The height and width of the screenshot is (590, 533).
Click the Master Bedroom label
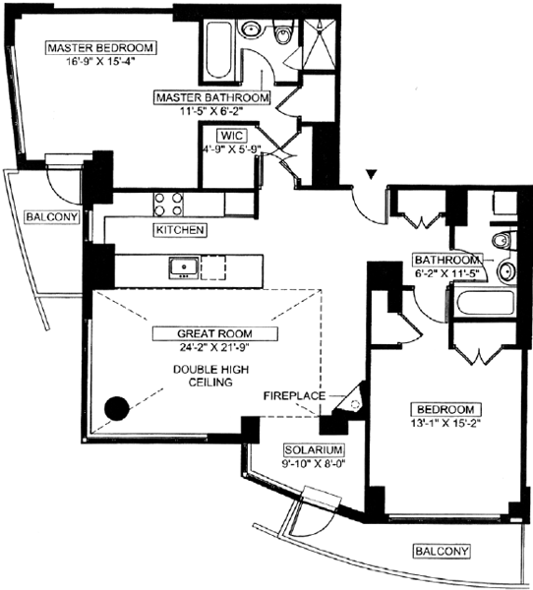(100, 48)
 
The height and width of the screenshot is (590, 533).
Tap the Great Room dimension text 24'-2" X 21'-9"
(214, 347)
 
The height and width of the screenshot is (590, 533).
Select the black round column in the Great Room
(117, 408)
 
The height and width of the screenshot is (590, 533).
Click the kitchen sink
(184, 267)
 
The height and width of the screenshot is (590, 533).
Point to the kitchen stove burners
(168, 204)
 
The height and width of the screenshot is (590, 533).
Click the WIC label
(232, 136)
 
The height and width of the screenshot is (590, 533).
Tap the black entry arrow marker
(372, 175)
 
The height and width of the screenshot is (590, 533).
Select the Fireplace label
(294, 396)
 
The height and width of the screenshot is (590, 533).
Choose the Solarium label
(313, 450)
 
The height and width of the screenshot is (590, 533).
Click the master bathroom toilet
(283, 32)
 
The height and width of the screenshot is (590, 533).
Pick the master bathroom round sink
(250, 29)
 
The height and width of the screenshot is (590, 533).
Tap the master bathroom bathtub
(219, 50)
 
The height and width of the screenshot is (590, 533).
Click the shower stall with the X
(320, 44)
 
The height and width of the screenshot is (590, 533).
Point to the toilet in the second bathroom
(503, 241)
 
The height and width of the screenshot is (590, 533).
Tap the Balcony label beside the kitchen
(52, 217)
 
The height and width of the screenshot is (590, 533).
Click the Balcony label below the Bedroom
(442, 552)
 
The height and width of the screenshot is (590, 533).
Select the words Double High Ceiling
(210, 376)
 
